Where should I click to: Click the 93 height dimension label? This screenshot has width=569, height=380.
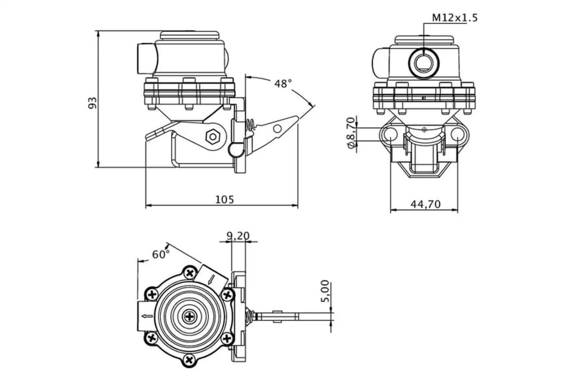point(93,102)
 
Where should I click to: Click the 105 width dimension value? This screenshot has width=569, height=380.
point(224,199)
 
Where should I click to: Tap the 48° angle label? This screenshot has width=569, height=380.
point(282,84)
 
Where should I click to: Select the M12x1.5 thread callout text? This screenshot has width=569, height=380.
point(455,18)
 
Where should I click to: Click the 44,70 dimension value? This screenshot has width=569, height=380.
point(425,204)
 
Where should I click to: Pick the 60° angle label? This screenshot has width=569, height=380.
point(161,254)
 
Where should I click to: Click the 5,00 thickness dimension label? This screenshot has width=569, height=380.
point(326,291)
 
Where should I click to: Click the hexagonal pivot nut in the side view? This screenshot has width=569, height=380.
point(211,136)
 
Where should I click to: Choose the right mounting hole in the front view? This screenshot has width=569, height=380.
point(458,134)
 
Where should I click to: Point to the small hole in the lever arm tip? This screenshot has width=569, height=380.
point(277,129)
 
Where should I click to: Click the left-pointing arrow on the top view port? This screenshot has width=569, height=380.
point(146,316)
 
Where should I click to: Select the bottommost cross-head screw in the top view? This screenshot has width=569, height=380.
point(191,361)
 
